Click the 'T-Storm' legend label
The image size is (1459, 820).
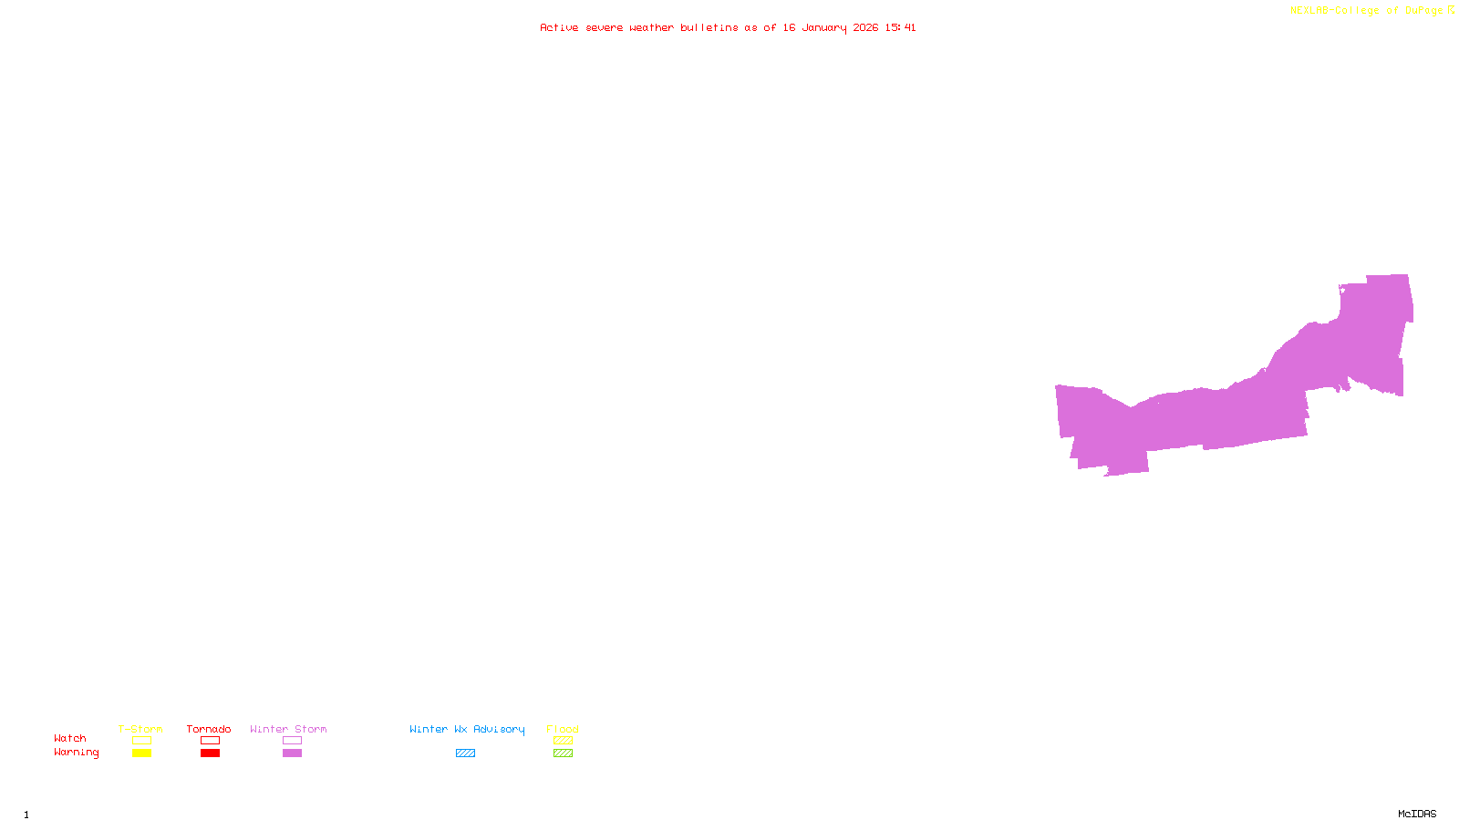[140, 729]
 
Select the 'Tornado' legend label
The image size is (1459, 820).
[209, 729]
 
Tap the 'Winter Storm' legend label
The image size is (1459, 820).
[288, 729]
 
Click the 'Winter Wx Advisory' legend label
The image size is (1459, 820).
[467, 729]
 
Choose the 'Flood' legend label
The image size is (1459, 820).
[563, 729]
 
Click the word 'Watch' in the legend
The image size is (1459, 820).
[70, 739]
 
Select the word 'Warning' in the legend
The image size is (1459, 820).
[76, 753]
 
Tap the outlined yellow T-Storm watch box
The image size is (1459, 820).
[141, 741]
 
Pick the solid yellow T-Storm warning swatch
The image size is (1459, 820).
[141, 753]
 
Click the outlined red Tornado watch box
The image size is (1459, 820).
[210, 741]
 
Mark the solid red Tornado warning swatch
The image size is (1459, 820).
[210, 753]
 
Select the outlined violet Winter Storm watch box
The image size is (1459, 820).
[292, 741]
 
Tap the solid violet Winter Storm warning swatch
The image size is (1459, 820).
[292, 753]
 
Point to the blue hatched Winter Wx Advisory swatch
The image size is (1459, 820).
[465, 753]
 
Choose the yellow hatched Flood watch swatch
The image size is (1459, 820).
[563, 741]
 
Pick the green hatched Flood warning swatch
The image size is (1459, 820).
[563, 753]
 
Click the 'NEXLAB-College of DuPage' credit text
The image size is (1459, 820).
[1366, 11]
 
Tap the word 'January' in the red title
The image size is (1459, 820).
[824, 28]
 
